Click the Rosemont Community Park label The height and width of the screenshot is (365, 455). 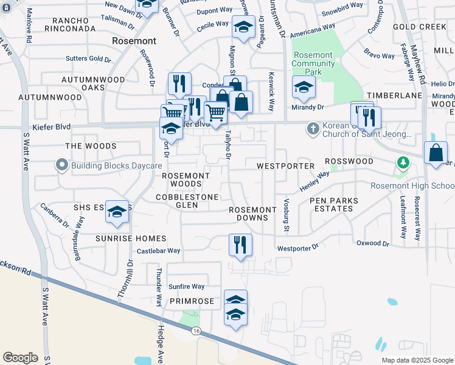coord(313,63)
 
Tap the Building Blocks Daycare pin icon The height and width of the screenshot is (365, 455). coord(61,165)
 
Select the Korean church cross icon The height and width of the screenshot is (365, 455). coord(313,128)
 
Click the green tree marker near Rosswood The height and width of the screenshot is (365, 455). coord(401,162)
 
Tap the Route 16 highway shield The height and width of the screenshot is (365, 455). coord(195,330)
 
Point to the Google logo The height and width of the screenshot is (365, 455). coord(20,357)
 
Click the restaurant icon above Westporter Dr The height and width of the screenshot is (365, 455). coord(240,245)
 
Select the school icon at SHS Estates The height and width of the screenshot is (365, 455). coord(117,211)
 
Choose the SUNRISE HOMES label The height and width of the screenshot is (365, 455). coord(131,238)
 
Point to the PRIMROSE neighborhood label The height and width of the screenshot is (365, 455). coord(192,301)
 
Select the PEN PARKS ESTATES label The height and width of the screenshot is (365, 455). coord(331,204)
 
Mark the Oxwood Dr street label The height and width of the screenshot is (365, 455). coord(372,243)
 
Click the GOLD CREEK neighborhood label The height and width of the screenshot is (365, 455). coord(420,27)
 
